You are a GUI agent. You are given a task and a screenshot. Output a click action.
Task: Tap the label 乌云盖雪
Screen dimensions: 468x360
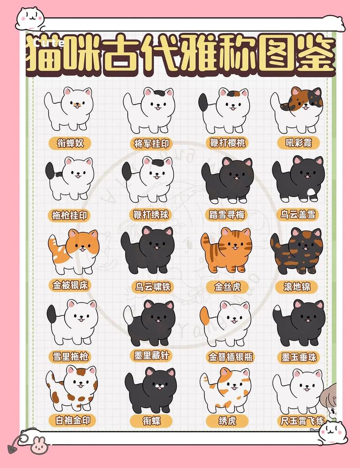(299, 214)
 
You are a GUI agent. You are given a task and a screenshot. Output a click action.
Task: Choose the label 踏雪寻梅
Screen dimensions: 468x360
(227, 215)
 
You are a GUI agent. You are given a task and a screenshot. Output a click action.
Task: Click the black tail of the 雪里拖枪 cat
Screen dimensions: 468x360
(52, 314)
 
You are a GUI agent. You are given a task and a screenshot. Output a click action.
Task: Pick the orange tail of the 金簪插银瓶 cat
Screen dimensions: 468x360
(204, 315)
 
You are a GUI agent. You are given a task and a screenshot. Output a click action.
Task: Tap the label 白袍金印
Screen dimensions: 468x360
(72, 421)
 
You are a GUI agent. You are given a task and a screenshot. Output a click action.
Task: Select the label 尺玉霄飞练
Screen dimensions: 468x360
(301, 421)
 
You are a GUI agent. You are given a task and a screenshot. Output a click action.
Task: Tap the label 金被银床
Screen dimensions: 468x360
(71, 285)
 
